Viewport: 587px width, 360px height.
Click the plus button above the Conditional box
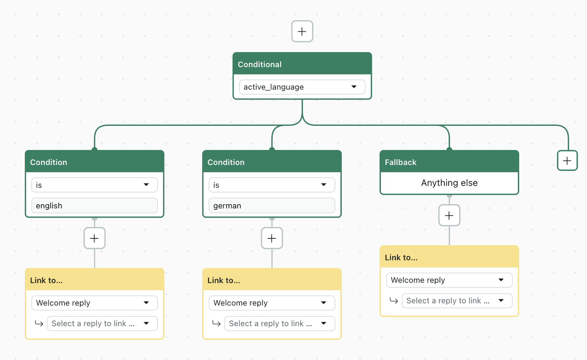click(302, 31)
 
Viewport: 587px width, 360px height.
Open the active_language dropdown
click(302, 87)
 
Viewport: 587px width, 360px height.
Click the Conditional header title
click(260, 64)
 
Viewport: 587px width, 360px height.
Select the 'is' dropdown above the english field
click(94, 185)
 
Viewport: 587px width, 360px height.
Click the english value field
click(94, 206)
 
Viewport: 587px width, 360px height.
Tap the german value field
click(272, 206)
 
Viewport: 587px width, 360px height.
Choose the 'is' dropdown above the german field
click(272, 185)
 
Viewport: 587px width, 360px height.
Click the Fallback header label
click(400, 162)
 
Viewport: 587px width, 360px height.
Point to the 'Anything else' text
click(449, 183)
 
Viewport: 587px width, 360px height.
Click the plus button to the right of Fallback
click(567, 161)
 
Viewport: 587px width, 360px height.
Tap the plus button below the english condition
click(94, 238)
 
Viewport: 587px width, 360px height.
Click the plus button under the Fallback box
click(449, 215)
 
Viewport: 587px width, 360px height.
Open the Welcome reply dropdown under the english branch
click(94, 303)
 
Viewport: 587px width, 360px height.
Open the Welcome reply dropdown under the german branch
click(272, 303)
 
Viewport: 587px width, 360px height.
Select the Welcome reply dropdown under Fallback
click(449, 280)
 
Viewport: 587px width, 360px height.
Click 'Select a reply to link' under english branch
click(102, 323)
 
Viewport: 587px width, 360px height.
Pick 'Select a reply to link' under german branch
click(280, 323)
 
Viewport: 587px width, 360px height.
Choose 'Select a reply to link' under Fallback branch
click(457, 301)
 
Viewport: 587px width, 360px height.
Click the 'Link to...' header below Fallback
click(401, 258)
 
